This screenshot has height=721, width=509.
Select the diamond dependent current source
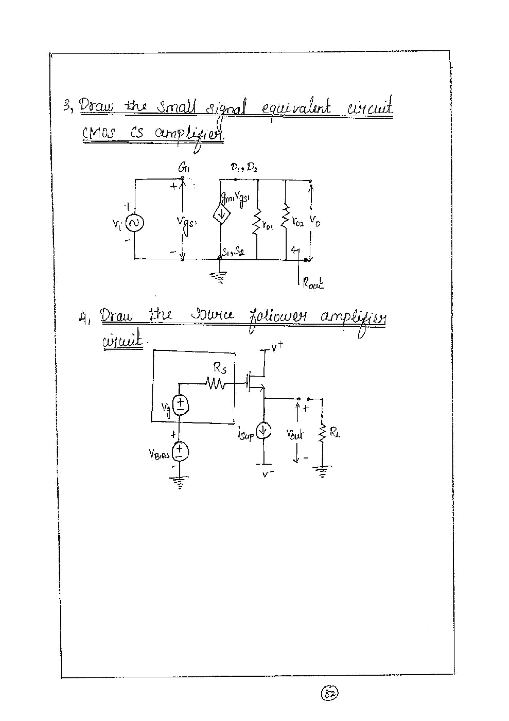221,215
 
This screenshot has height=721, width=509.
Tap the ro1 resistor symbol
257,222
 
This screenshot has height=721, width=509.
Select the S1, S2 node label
233,251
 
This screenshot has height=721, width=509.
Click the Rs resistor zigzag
215,384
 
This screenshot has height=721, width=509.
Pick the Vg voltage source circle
180,405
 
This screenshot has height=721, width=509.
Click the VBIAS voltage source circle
180,451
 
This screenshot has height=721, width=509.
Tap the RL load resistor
322,433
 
